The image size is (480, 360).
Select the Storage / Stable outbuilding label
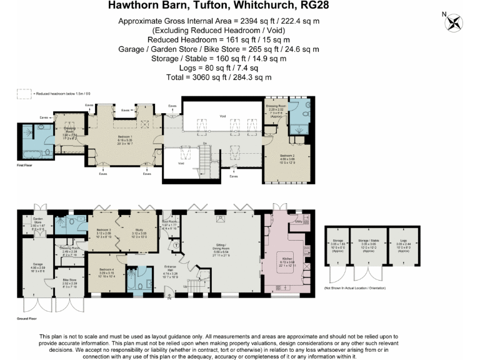tap(368, 243)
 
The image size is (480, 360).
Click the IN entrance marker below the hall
tap(168, 298)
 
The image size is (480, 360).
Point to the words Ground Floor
tap(27, 318)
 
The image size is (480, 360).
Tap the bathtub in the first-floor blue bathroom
tap(32, 152)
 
